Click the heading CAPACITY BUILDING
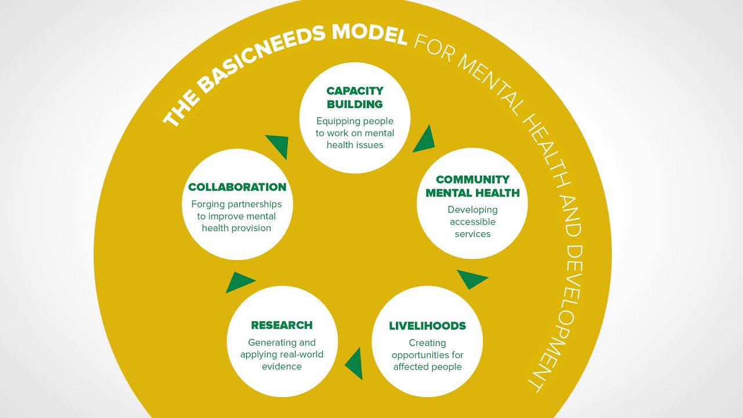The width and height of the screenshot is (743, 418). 355,98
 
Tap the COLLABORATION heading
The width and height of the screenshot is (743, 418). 237,187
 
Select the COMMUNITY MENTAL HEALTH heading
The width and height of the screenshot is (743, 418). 473,186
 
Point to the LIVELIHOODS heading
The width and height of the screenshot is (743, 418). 427,326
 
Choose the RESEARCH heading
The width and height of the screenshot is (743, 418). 282,325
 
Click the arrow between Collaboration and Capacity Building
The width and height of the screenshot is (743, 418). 278,146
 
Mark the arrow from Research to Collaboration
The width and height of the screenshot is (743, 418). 239,282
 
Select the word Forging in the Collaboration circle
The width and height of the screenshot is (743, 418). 208,204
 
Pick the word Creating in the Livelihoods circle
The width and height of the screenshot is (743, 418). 427,343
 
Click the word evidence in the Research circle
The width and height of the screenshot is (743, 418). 282,366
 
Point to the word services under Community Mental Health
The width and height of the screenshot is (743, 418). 473,234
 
